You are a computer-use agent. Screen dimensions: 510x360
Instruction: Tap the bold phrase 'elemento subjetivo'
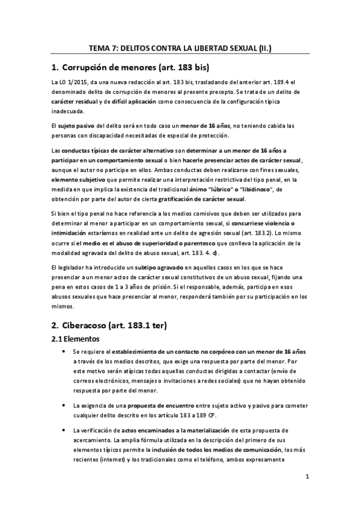tap(77, 180)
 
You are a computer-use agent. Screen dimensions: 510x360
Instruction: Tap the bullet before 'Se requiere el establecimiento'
tap(64, 351)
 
